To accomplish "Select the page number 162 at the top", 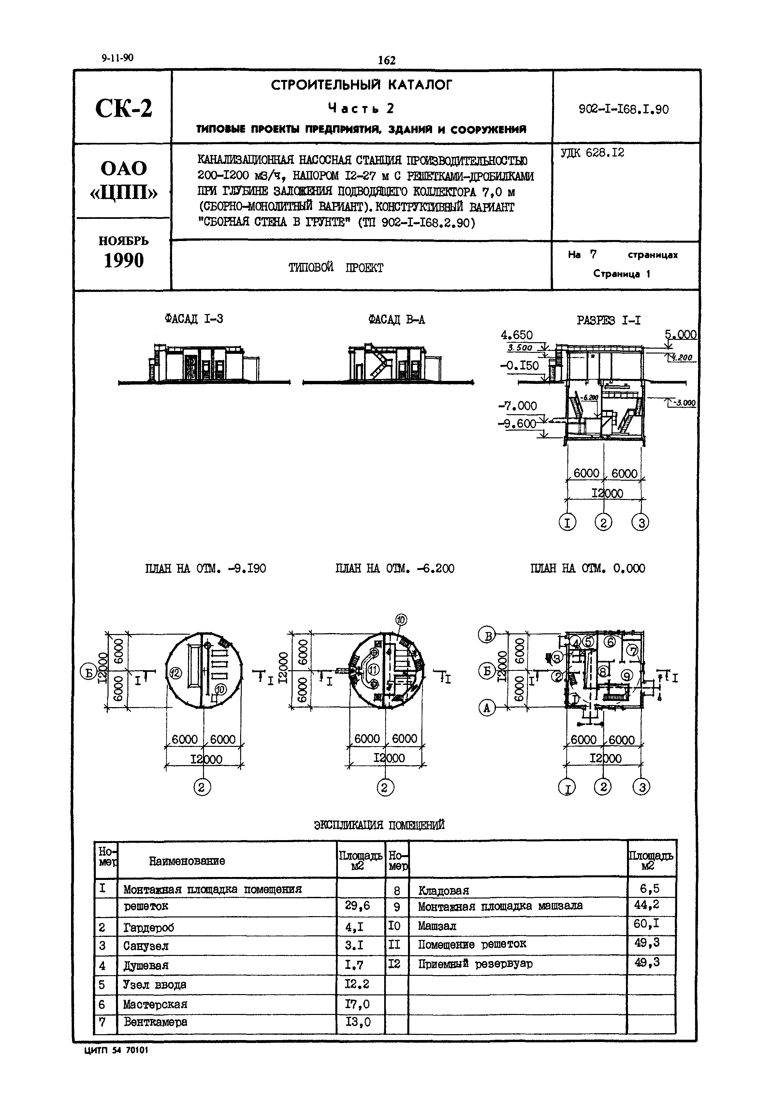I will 386,60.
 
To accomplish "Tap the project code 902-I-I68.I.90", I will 624,110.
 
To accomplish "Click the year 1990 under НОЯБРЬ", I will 124,261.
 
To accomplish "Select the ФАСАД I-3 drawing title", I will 194,319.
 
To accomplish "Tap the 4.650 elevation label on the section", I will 516,335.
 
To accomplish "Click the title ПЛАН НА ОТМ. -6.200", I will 395,568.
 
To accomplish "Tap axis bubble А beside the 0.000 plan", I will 487,708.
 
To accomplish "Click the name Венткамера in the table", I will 155,1022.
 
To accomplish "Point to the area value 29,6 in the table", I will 357,905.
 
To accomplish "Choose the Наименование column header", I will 187,861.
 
